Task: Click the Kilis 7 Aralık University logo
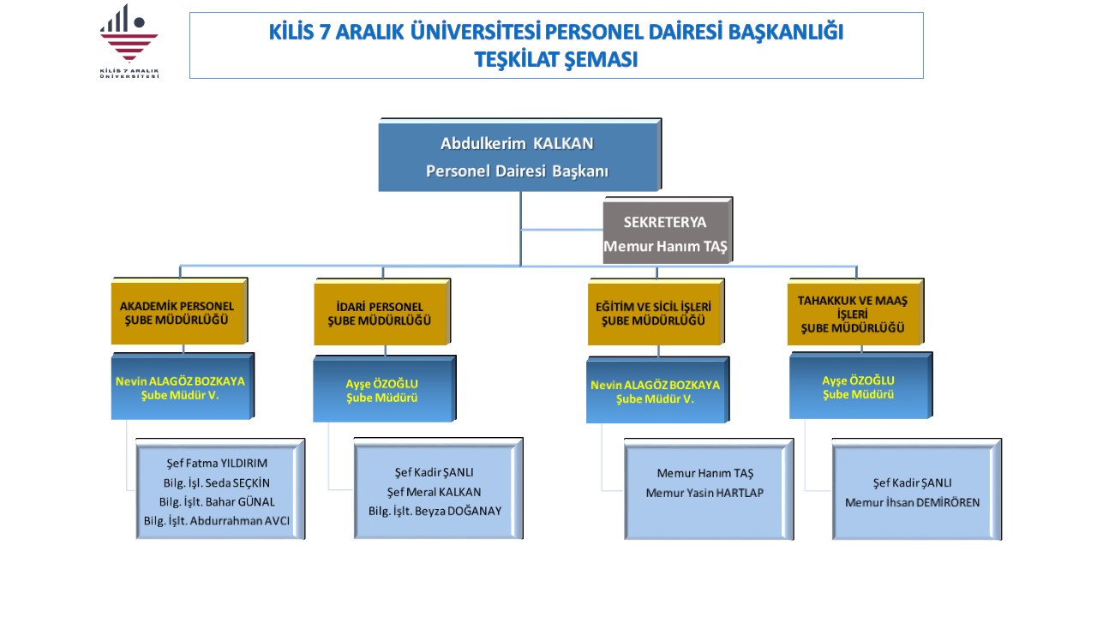(x=129, y=41)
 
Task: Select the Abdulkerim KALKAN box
(x=520, y=155)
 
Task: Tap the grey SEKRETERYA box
(x=668, y=231)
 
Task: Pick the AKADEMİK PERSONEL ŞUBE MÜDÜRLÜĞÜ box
(x=179, y=311)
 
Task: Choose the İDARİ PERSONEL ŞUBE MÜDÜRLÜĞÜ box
(x=382, y=312)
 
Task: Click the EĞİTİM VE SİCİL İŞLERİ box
(x=656, y=312)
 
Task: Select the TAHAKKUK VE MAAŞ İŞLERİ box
(x=855, y=312)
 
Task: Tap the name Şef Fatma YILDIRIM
(x=217, y=464)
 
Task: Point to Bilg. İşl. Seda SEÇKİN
(x=217, y=482)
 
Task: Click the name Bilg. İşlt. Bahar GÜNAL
(x=217, y=502)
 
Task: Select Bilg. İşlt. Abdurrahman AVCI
(x=217, y=521)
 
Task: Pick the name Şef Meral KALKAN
(x=434, y=492)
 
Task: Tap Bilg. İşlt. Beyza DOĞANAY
(x=435, y=512)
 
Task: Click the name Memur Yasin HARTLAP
(x=704, y=493)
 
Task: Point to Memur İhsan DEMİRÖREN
(x=913, y=502)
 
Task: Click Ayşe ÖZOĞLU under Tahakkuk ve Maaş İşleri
(x=858, y=380)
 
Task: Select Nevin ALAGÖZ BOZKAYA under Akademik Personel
(x=180, y=381)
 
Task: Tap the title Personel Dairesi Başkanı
(x=517, y=171)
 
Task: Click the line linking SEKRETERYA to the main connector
(x=561, y=229)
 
